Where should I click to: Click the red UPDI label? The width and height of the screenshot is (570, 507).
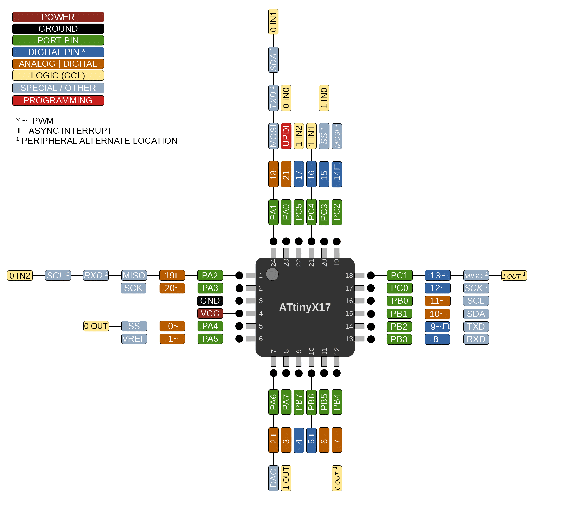click(x=286, y=136)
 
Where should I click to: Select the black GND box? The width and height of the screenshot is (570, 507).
click(x=210, y=301)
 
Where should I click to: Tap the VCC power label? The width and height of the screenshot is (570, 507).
click(x=210, y=313)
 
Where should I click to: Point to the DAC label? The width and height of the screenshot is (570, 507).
click(x=273, y=478)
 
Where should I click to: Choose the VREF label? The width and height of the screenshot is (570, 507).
click(x=134, y=339)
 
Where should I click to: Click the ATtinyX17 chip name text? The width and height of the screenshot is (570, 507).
click(x=305, y=307)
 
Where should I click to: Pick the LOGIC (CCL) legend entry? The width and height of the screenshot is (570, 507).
click(x=58, y=75)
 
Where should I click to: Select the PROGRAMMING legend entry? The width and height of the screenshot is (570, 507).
click(x=58, y=100)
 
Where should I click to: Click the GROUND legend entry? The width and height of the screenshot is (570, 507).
click(x=58, y=29)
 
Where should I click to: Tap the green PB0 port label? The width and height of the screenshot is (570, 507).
click(x=399, y=301)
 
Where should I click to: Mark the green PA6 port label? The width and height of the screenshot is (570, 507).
click(x=273, y=402)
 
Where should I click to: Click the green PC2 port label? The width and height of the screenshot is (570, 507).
click(x=337, y=212)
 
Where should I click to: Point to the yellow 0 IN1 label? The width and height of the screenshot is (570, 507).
click(x=273, y=22)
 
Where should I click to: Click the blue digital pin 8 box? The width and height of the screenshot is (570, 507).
click(x=437, y=339)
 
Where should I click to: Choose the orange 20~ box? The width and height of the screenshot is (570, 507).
click(x=172, y=288)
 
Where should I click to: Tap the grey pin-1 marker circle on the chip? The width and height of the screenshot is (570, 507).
click(x=272, y=274)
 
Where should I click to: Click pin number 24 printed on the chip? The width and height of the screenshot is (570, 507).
click(x=274, y=263)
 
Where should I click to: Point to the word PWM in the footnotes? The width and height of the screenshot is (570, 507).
click(x=43, y=121)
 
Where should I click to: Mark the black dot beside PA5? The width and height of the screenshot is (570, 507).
click(x=239, y=339)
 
